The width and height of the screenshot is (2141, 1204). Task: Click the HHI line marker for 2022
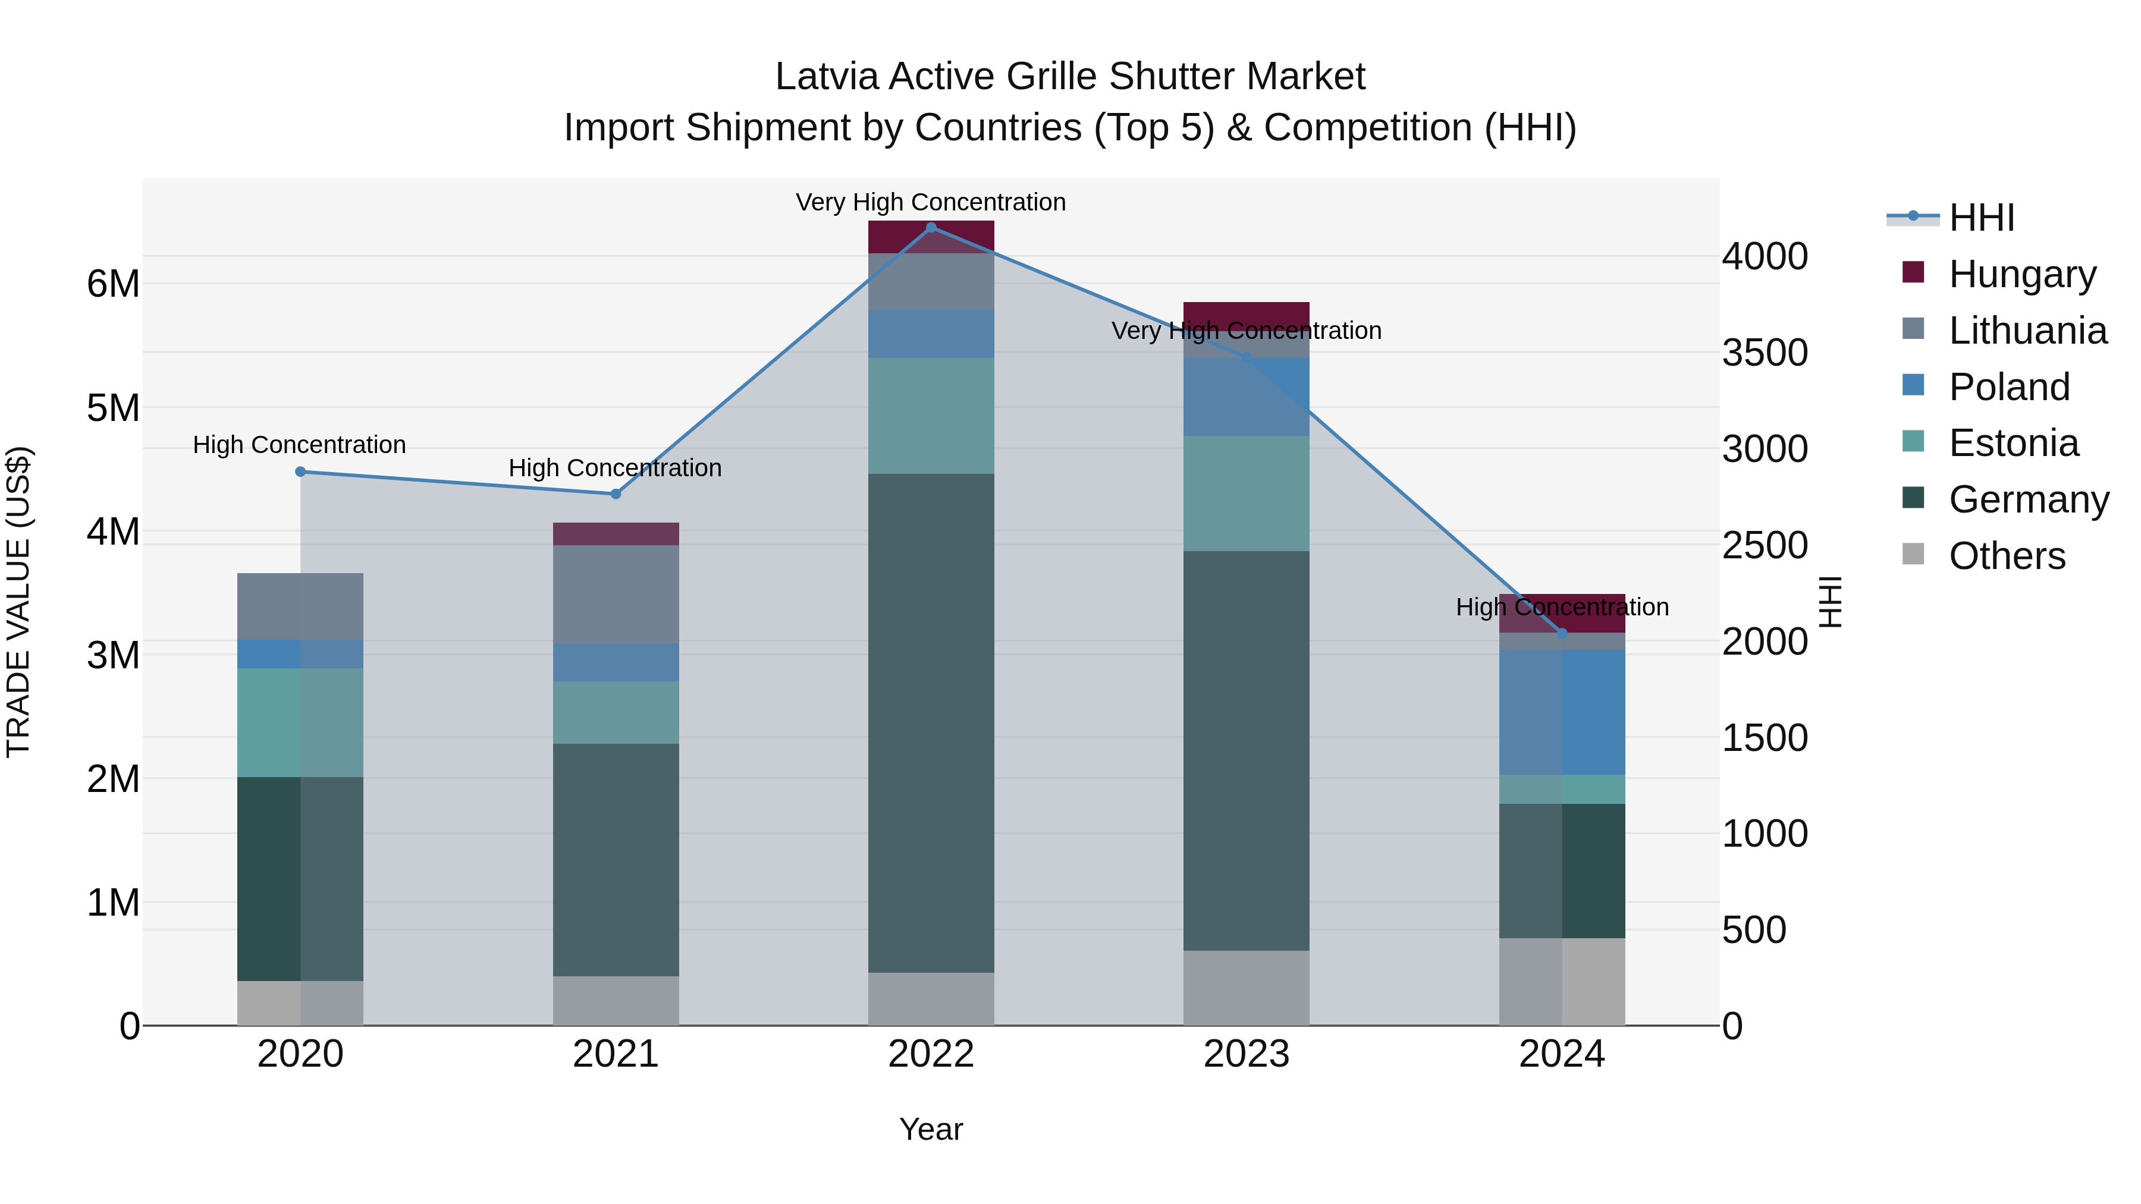click(x=931, y=227)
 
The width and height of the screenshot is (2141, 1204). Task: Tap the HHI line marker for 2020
click(x=301, y=472)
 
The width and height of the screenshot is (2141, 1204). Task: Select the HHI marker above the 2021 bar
click(x=616, y=495)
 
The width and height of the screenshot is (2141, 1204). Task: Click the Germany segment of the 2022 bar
click(x=931, y=723)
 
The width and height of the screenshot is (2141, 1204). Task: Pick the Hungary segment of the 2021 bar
click(x=616, y=535)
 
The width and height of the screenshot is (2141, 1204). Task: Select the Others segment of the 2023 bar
click(x=1246, y=988)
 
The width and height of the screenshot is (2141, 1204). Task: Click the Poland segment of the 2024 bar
click(x=1562, y=712)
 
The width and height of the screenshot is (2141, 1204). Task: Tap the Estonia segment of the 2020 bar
click(x=301, y=723)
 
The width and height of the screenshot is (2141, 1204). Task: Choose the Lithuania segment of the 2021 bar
click(x=616, y=594)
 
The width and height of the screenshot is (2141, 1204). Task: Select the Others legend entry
click(x=2007, y=556)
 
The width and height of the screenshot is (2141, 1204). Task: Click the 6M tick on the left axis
click(x=114, y=284)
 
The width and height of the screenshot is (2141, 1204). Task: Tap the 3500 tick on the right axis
click(x=1764, y=353)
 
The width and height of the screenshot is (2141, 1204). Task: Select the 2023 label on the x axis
click(x=1246, y=1054)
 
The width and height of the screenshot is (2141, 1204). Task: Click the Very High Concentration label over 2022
click(x=931, y=202)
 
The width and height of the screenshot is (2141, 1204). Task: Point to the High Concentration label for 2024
click(x=1562, y=608)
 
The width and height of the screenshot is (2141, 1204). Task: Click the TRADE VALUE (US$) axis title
click(x=18, y=602)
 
